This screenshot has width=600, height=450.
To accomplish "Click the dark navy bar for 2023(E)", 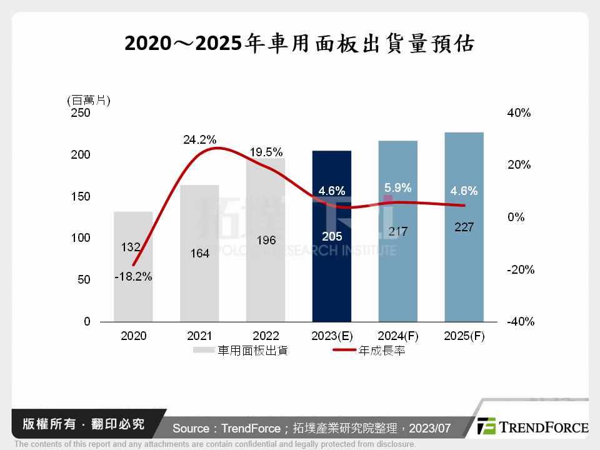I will pyautogui.click(x=331, y=275).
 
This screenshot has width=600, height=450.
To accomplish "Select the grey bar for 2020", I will pyautogui.click(x=133, y=294).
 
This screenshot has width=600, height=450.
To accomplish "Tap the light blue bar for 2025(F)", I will pyautogui.click(x=464, y=275).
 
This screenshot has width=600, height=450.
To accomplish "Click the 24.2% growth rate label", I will pyautogui.click(x=199, y=140).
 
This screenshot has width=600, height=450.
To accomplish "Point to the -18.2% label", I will pyautogui.click(x=133, y=276).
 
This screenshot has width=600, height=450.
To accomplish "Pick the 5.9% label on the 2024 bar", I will pyautogui.click(x=397, y=187).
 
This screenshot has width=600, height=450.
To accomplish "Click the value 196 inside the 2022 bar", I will pyautogui.click(x=266, y=240).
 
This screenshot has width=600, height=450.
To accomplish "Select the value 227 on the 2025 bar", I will pyautogui.click(x=464, y=227).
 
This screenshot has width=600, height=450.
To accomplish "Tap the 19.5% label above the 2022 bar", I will pyautogui.click(x=266, y=152).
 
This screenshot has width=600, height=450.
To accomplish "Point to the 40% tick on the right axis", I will pyautogui.click(x=519, y=113).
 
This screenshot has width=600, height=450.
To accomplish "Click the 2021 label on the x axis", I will pyautogui.click(x=199, y=336).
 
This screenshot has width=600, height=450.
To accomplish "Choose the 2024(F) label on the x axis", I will pyautogui.click(x=397, y=336).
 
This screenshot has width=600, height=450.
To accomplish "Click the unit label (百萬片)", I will pyautogui.click(x=87, y=100).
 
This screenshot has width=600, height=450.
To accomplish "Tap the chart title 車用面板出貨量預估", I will pyautogui.click(x=300, y=44).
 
